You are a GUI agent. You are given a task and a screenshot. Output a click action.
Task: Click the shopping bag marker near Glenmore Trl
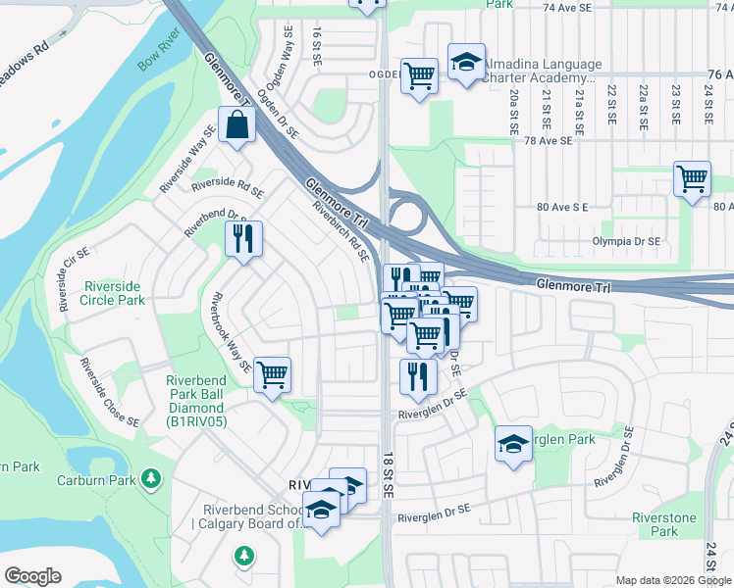[x=237, y=125]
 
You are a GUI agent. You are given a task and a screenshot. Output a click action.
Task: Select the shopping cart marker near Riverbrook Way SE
[x=272, y=374]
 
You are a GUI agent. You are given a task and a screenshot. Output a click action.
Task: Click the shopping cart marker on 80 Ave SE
[x=692, y=179]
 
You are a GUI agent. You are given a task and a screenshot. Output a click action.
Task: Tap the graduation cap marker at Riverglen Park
[x=513, y=444]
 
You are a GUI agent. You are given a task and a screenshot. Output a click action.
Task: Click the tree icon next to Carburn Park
[x=151, y=478]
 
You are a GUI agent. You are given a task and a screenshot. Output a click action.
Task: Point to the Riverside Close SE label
[x=109, y=393]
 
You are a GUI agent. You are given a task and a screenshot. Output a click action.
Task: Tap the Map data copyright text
[x=672, y=580]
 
